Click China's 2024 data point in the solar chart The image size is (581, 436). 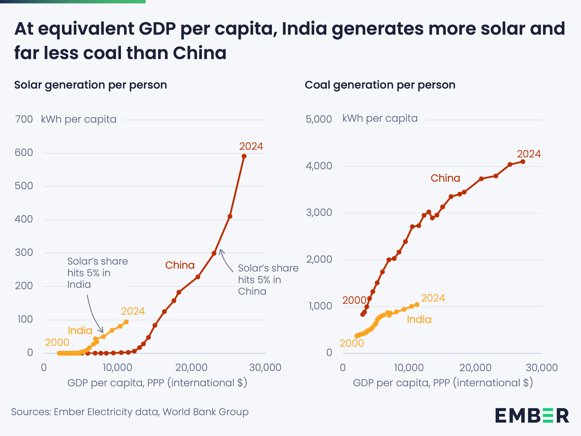coord(244,156)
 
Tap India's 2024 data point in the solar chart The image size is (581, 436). coord(126,322)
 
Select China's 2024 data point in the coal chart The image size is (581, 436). coord(523,162)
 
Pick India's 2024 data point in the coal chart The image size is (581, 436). coord(417,305)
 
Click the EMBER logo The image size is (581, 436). coord(532,416)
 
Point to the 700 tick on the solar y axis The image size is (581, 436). coord(24,119)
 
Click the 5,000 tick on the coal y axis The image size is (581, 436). coord(318,119)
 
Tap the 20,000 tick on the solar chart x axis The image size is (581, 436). coord(191,367)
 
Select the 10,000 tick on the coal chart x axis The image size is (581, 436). coord(409,368)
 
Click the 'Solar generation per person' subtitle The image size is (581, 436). coord(91,85)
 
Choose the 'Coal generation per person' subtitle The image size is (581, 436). coord(380,85)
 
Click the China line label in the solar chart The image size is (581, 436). coord(180,265)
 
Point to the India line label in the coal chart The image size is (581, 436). coord(419,320)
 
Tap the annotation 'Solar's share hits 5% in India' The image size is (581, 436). coord(97,273)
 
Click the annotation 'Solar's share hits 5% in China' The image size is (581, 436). coord(268,280)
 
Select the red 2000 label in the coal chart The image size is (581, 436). coord(354,300)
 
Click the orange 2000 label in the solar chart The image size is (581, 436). coord(57,342)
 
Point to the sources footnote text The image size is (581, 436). coord(130,412)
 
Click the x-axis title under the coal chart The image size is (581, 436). coord(443,383)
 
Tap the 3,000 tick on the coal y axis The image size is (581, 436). coord(319,213)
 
